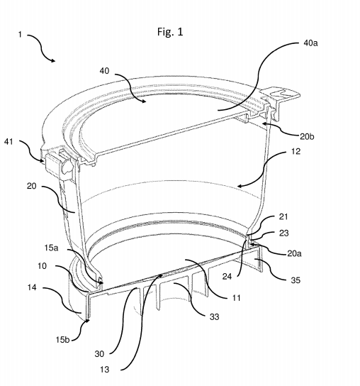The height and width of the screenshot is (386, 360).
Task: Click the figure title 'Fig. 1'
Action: click(170, 32)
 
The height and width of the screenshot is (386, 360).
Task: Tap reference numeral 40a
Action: click(310, 43)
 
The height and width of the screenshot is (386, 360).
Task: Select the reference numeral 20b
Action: click(307, 136)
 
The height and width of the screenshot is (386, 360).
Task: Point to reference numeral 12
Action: click(296, 151)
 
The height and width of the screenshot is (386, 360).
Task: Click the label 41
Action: click(9, 142)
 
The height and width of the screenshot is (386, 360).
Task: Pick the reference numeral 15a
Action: click(52, 248)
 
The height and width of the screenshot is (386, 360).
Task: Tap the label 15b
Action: click(62, 340)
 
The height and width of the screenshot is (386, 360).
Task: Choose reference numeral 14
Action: click(32, 287)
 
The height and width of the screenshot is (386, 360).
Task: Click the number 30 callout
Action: click(99, 354)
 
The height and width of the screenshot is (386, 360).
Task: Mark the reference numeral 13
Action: click(104, 369)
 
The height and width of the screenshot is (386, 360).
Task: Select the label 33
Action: click(214, 316)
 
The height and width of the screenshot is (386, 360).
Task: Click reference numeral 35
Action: click(296, 280)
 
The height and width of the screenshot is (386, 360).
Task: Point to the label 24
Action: click(227, 277)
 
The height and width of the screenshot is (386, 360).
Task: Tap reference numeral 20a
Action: click(294, 253)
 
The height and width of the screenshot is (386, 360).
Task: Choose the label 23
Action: click(283, 233)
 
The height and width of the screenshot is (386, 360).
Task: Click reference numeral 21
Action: click(283, 216)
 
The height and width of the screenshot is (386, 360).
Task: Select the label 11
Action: click(236, 298)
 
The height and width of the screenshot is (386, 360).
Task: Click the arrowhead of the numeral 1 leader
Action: click(53, 60)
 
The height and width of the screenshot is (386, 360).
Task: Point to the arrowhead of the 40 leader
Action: click(144, 101)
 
